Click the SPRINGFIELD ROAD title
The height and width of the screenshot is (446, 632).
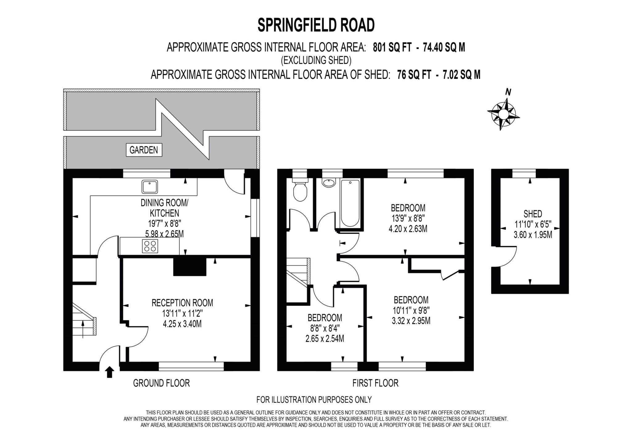point(316,25)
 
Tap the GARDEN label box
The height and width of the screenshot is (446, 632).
point(144,150)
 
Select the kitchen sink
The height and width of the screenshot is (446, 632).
point(150,187)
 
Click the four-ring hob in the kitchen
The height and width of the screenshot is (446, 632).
point(150,246)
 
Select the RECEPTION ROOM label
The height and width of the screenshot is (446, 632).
point(182,303)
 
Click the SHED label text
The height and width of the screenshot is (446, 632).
point(533,213)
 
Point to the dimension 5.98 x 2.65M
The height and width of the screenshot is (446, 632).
point(164,234)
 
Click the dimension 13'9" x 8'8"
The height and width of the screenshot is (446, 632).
point(408,218)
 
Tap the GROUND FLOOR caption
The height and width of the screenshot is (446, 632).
point(161,383)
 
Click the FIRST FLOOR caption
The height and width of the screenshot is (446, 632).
point(375,383)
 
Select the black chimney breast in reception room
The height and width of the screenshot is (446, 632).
point(189,266)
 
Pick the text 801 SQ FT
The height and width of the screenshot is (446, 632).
point(392,47)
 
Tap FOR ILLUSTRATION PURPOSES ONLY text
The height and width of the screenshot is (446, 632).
point(314,400)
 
